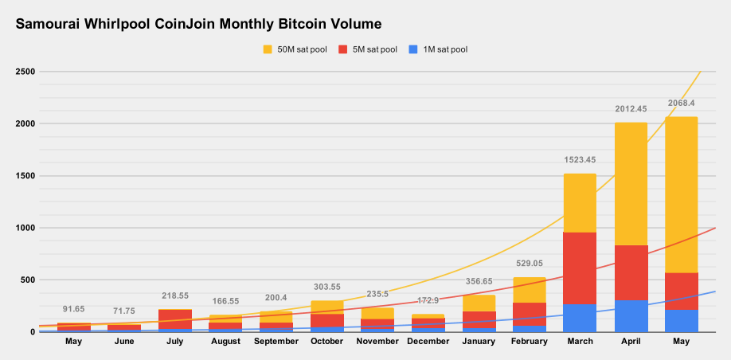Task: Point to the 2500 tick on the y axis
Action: point(25,72)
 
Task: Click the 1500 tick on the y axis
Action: point(25,176)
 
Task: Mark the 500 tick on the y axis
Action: point(27,280)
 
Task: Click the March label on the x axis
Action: point(580,341)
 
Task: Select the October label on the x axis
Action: point(326,341)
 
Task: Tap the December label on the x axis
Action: point(428,341)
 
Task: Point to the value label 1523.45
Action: point(580,160)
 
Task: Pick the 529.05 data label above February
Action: point(529,264)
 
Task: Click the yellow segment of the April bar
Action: point(631,183)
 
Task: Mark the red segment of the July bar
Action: point(174,319)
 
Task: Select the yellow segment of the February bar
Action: point(529,290)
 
